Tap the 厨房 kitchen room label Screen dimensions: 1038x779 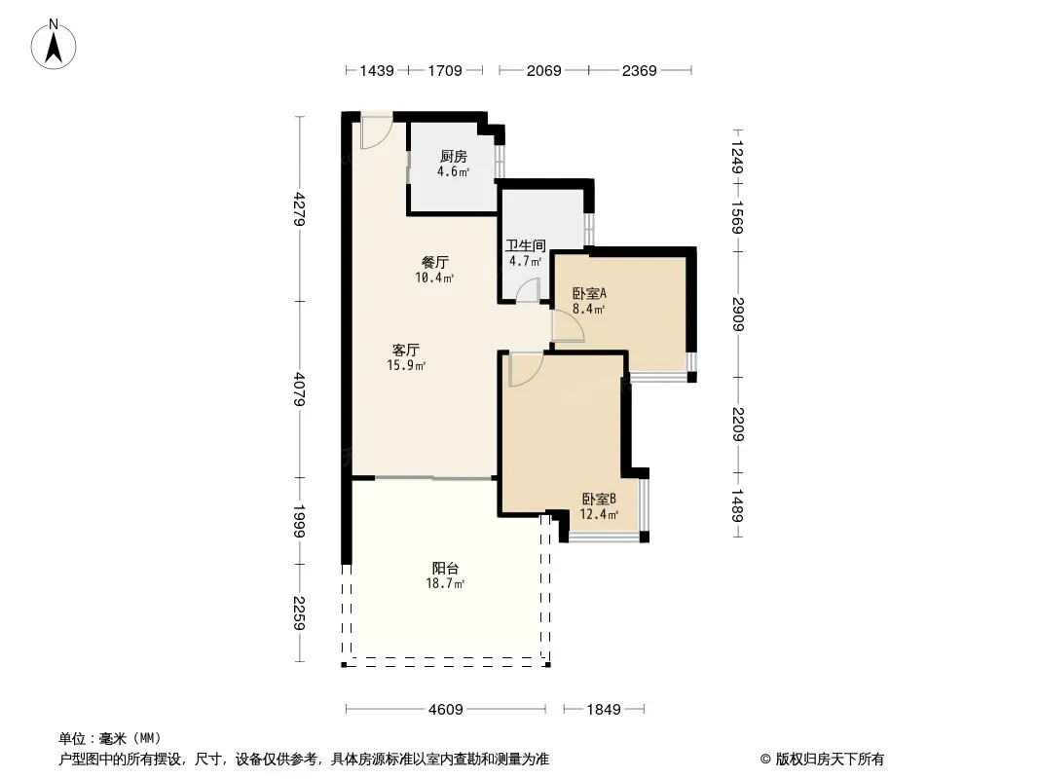coord(454,156)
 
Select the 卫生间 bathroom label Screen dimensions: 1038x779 coord(526,245)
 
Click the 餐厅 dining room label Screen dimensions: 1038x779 coord(435,262)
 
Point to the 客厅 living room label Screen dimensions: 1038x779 coord(406,350)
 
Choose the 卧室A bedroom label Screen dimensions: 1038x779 coord(589,293)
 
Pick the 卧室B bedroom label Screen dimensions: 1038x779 coord(599,499)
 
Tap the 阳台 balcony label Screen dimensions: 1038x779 coord(446,568)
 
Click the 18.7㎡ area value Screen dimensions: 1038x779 coord(446,583)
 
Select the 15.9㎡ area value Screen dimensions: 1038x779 coord(406,365)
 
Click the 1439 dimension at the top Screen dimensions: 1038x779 coord(377,70)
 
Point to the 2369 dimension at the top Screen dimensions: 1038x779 coord(640,70)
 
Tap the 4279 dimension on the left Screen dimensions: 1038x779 coord(300,208)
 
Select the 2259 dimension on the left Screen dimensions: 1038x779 coord(300,612)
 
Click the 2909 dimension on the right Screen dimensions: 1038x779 coord(739,315)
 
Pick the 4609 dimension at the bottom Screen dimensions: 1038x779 coord(446,710)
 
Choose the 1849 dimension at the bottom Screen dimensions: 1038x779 coord(604,710)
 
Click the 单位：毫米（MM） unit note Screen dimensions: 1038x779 coord(110,738)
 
